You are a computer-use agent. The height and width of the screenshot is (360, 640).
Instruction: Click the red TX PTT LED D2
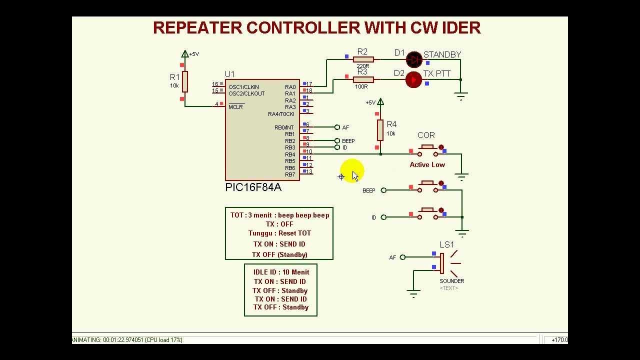(x=413, y=80)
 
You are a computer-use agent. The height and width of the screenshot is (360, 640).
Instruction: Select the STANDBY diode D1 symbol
(x=413, y=59)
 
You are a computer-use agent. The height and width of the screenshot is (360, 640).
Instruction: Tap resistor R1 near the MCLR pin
(x=184, y=81)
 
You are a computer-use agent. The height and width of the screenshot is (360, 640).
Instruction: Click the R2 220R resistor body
(x=363, y=59)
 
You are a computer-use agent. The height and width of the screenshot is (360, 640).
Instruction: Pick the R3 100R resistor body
(x=363, y=79)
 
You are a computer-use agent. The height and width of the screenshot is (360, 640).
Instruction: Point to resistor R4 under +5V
(x=380, y=130)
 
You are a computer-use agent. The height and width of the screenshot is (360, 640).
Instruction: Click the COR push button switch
(x=427, y=149)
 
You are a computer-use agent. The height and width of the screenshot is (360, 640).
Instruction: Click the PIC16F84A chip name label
(x=253, y=187)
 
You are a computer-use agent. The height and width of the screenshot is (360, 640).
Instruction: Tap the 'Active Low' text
(x=427, y=164)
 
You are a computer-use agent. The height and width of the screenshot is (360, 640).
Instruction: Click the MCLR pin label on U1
(x=235, y=107)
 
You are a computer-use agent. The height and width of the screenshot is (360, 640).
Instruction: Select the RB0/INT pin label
(x=284, y=127)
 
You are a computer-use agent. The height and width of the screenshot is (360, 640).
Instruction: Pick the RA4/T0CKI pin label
(x=281, y=114)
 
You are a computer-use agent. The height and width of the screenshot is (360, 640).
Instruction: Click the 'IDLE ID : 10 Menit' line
(x=281, y=272)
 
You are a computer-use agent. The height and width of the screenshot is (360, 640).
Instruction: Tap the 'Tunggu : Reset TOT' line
(x=279, y=233)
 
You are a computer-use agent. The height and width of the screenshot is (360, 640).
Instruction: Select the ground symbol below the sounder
(x=413, y=293)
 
